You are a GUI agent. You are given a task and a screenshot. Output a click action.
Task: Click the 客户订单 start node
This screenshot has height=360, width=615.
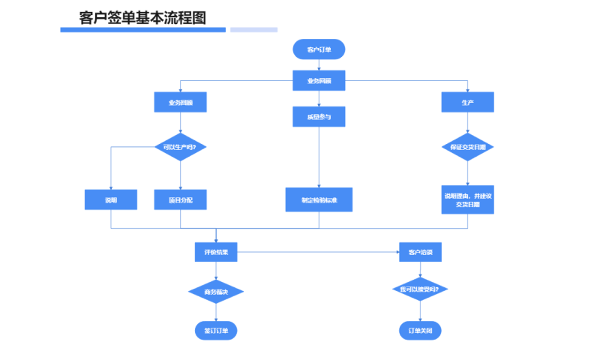[x=319, y=49]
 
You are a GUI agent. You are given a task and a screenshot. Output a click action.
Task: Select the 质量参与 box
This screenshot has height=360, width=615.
[x=319, y=116]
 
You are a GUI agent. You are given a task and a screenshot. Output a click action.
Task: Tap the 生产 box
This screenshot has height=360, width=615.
[x=467, y=102]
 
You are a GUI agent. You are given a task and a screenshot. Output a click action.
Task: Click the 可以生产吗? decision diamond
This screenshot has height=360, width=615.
[x=180, y=147]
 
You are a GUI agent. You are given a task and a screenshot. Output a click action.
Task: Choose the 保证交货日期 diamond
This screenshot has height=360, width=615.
[x=467, y=147]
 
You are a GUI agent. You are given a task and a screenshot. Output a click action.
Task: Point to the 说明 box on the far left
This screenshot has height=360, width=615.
[x=111, y=199]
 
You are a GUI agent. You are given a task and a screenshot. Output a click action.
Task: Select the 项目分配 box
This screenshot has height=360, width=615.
[x=180, y=199]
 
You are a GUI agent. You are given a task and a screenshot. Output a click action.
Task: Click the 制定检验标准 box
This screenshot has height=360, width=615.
[x=319, y=199]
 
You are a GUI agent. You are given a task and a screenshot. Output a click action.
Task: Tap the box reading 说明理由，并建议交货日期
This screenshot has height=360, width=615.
[x=467, y=199]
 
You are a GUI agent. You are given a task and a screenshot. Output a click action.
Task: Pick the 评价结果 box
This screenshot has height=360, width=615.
[x=216, y=253]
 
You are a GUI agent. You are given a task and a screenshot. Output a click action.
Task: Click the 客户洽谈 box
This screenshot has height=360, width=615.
[x=420, y=253]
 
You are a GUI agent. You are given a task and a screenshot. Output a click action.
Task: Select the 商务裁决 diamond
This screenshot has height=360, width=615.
[x=216, y=291]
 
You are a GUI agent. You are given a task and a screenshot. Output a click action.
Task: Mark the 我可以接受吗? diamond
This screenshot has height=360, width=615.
[x=420, y=289]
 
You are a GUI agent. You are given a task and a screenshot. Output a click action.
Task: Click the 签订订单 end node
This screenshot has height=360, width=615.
[x=216, y=330]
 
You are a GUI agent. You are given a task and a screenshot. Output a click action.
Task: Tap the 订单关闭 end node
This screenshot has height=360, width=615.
[x=420, y=330]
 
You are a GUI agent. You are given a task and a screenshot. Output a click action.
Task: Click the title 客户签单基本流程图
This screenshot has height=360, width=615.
[x=142, y=17]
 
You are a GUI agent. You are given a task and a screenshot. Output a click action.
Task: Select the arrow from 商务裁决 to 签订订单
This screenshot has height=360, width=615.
[x=216, y=313]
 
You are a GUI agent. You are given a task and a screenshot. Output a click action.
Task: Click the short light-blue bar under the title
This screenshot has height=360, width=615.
[x=253, y=30]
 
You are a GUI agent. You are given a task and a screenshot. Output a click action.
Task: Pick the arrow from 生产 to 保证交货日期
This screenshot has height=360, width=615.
[x=467, y=123]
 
